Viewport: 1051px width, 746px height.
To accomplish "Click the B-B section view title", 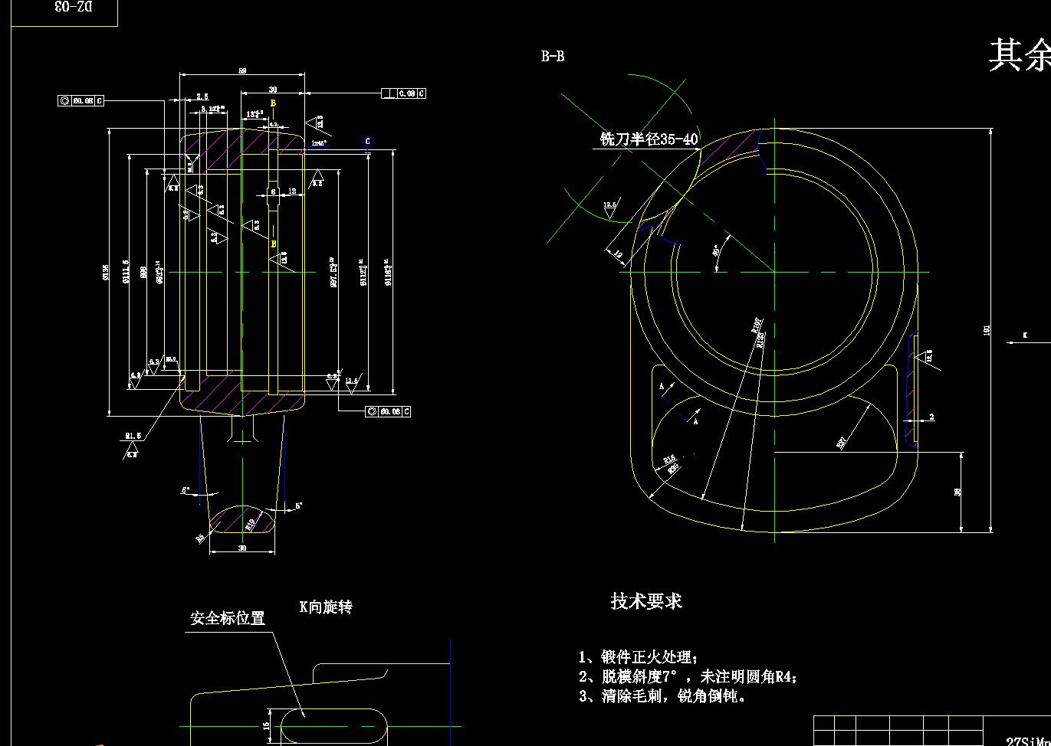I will pos(553,56).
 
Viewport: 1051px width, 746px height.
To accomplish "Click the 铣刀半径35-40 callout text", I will pos(649,139).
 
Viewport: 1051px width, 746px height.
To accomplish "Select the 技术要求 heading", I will pos(646,601).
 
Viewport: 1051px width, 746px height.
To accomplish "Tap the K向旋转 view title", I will pos(326,607).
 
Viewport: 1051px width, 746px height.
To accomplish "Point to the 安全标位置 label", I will pos(227,617).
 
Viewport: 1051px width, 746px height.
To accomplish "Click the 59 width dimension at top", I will pos(242,71).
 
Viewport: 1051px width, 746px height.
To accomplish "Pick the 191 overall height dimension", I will pos(987,330).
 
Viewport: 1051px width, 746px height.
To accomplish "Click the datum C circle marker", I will pos(368,142).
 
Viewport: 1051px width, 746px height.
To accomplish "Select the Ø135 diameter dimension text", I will pos(105,271).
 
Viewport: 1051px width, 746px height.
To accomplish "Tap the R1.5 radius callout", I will pos(133,436).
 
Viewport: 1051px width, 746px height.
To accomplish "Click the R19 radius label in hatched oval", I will pos(249,525).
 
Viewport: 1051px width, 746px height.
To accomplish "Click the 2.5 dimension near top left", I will pos(202,97).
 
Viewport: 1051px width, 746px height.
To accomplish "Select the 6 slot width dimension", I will pos(273,191).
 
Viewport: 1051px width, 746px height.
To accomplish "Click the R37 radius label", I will pos(842,442).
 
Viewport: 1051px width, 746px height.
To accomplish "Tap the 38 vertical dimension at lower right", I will pos(957,492).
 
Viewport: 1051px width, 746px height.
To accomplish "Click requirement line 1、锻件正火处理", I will pos(638,657).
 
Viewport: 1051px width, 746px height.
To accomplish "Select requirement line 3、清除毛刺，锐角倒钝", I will pos(662,696).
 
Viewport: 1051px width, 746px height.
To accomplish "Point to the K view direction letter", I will pos(1024,335).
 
